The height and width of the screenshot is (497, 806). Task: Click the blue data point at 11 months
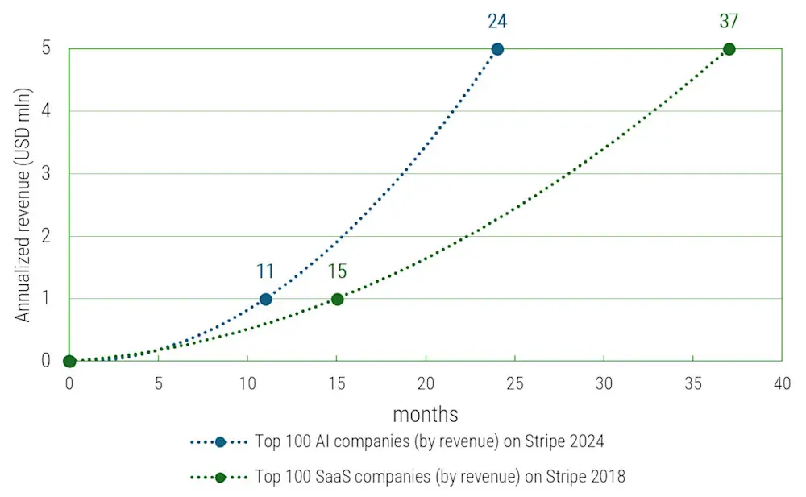[x=265, y=299]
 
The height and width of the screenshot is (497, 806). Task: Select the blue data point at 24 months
[x=497, y=49]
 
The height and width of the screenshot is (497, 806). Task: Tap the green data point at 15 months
[x=337, y=299]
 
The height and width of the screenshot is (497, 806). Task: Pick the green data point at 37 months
[x=729, y=49]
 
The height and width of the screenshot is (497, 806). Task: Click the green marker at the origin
[x=69, y=361]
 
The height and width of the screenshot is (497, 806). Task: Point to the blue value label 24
[x=497, y=21]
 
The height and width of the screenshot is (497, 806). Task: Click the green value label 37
[x=729, y=21]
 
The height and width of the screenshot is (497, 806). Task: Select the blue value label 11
[x=265, y=271]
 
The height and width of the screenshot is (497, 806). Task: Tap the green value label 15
[x=337, y=271]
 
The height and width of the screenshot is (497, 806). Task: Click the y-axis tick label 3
[x=45, y=173]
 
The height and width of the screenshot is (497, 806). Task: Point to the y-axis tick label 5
[x=45, y=48]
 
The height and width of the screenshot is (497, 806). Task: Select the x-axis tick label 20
[x=426, y=383]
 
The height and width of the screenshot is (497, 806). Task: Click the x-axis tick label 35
[x=692, y=383]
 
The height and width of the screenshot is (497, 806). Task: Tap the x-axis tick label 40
[x=781, y=383]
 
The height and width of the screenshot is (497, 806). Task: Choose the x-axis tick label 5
[x=159, y=383]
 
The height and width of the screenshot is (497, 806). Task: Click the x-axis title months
[x=426, y=414]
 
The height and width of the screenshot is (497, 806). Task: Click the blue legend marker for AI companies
[x=220, y=442]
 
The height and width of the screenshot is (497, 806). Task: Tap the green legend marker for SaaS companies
[x=220, y=477]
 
